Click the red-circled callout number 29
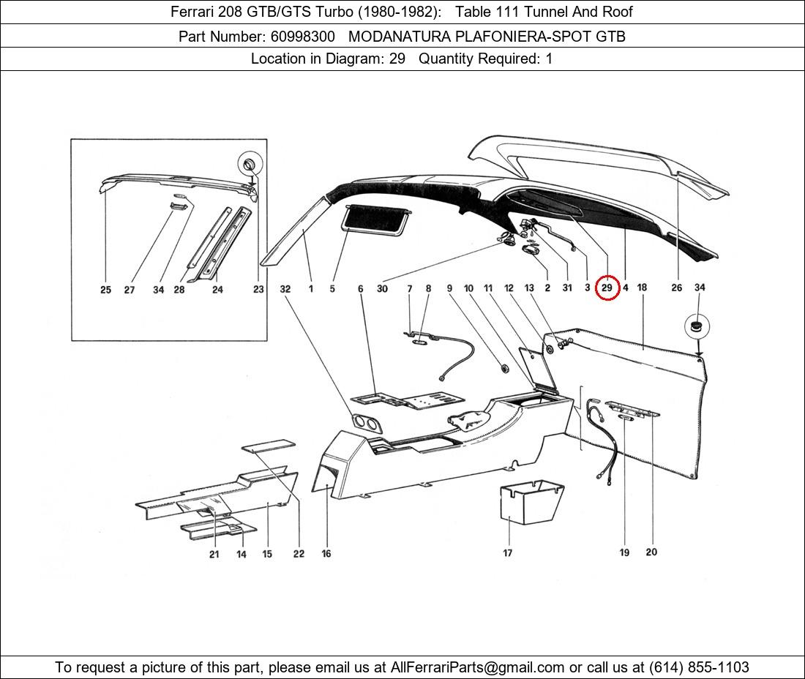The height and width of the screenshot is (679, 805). (x=607, y=288)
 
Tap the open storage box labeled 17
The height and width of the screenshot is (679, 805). (x=531, y=504)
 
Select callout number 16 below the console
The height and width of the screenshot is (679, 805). (x=326, y=554)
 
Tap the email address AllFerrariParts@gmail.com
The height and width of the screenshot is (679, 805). (x=478, y=667)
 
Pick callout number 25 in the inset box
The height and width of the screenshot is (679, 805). (x=106, y=290)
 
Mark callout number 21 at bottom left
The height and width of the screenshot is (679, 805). (x=214, y=554)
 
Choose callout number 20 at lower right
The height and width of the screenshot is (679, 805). (x=651, y=552)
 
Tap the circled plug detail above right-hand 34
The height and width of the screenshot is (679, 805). (x=697, y=326)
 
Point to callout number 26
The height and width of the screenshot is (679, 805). (x=676, y=288)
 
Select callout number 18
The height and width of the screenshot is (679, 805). (x=642, y=288)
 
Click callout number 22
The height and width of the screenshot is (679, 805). (x=299, y=554)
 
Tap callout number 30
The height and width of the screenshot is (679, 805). (x=382, y=289)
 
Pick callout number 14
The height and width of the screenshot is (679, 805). (x=241, y=554)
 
